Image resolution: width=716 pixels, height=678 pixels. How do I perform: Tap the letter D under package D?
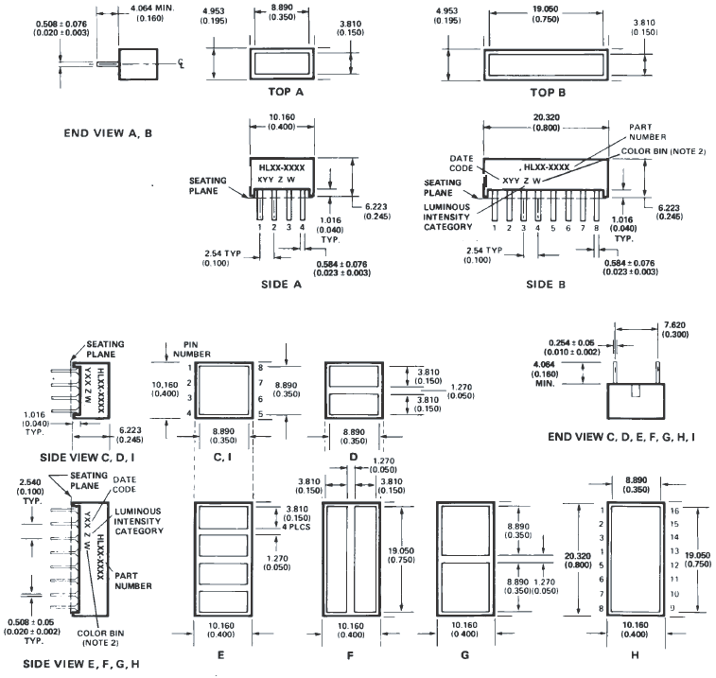[353, 455]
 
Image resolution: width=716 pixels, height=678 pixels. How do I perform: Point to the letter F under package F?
[353, 652]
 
